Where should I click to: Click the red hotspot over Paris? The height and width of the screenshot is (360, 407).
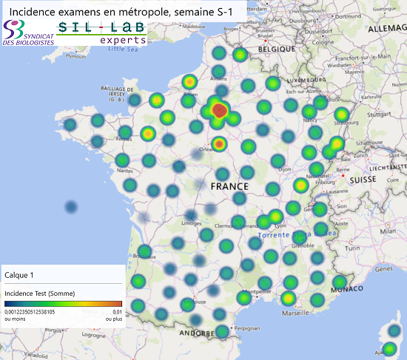[x=219, y=111]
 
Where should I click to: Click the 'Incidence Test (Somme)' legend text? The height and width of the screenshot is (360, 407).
[x=46, y=293]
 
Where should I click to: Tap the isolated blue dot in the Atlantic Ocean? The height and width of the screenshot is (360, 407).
[x=71, y=207]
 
